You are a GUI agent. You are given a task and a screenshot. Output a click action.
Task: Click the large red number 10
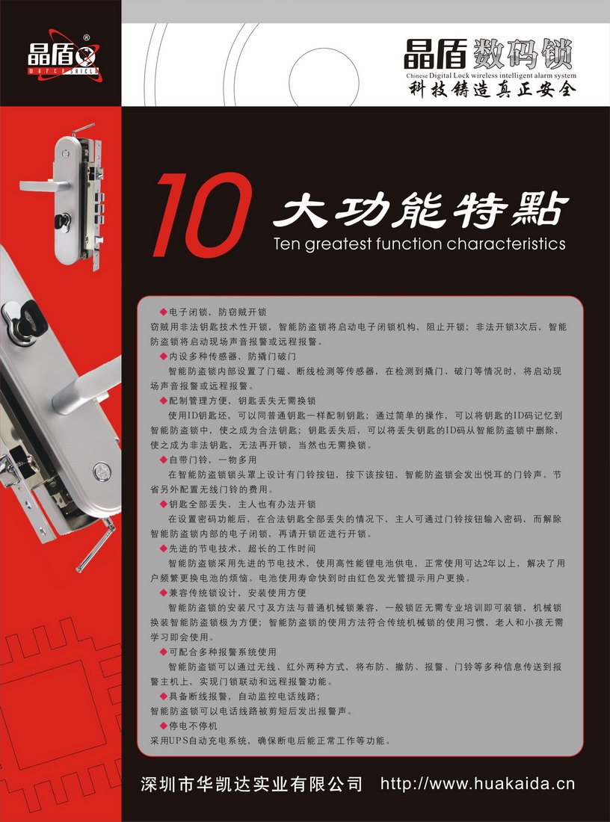[202, 215]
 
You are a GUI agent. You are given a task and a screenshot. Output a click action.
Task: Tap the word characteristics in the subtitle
[506, 244]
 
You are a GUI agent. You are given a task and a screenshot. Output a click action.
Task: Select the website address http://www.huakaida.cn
[477, 784]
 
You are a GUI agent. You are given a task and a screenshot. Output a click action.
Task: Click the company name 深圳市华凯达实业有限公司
[252, 784]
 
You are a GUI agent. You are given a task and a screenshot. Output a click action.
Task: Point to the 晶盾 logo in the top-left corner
[63, 55]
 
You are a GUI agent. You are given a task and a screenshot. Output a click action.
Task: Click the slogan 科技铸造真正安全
[492, 90]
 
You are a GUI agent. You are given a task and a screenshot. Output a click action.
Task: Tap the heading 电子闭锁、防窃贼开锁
[218, 312]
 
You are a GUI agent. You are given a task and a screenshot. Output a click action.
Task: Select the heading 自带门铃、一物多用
[212, 460]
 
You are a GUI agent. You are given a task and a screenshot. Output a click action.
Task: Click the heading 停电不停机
[193, 726]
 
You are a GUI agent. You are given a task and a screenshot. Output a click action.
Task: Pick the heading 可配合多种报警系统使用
[222, 652]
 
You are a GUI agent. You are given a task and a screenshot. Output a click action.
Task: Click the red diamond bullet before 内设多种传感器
[164, 356]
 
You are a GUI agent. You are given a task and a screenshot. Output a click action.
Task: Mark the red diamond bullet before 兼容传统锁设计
[164, 593]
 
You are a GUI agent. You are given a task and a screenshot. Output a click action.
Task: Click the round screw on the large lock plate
[102, 472]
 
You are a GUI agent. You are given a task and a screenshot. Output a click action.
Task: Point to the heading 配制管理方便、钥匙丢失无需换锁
[242, 401]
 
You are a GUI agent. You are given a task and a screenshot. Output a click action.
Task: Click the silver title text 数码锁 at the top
[523, 54]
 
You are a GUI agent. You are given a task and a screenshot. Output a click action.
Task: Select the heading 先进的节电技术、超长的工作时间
[242, 548]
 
